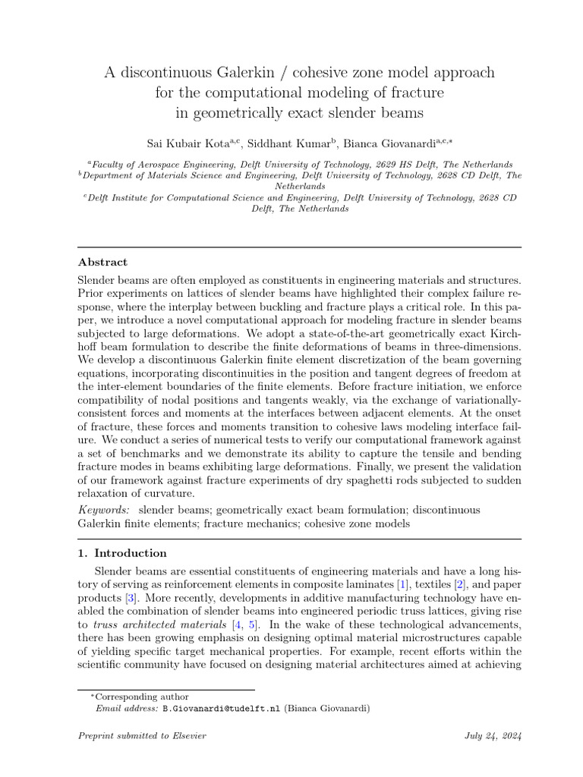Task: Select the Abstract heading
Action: point(102,262)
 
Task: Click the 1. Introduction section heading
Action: point(123,553)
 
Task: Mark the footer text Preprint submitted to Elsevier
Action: point(142,736)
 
